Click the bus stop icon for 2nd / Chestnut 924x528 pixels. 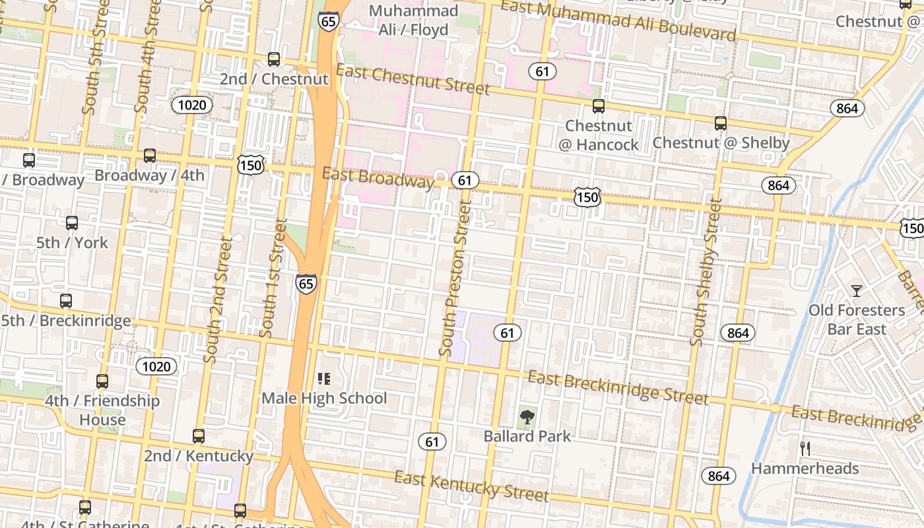(274, 59)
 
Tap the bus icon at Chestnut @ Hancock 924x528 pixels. (599, 106)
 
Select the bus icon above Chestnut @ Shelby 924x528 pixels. (721, 123)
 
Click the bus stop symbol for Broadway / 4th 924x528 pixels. (150, 156)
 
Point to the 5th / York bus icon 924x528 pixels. (72, 223)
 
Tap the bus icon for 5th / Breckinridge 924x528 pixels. (66, 301)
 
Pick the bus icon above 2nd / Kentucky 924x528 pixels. (199, 436)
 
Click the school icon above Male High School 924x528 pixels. (323, 379)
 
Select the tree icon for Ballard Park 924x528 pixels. (527, 416)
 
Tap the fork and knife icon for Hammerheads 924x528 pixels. (805, 449)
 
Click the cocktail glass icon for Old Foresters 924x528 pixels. (857, 290)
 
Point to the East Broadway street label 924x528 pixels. (378, 178)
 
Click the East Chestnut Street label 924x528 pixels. (412, 80)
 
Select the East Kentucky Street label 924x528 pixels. (471, 486)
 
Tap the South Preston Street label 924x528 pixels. (456, 278)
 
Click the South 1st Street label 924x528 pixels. (273, 279)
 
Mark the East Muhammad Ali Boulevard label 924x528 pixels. (618, 20)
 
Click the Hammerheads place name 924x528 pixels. (805, 469)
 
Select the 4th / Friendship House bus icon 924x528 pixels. (102, 381)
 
